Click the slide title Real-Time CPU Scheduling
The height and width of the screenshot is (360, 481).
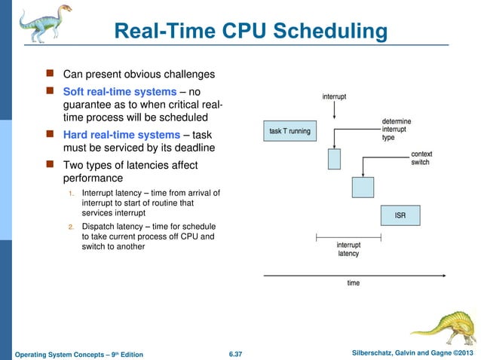pos(250,32)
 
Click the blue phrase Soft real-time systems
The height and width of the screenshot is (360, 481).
pos(120,92)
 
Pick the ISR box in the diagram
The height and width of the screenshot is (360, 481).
pos(400,215)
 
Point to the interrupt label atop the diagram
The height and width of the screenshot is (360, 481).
pos(334,96)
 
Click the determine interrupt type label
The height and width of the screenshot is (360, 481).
pos(398,129)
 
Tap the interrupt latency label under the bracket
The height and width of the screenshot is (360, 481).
pos(348,249)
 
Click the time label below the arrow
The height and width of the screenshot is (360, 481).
pos(353,283)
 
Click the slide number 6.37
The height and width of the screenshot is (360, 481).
pos(237,353)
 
